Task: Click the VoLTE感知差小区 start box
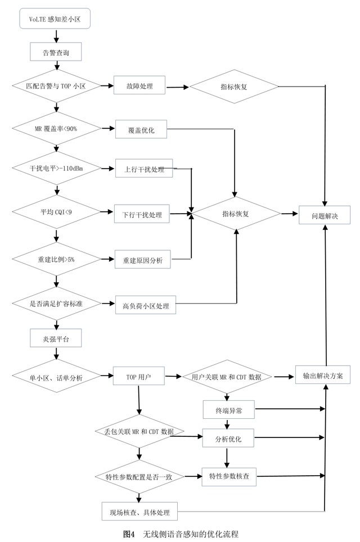(x=55, y=19)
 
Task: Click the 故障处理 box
(x=139, y=87)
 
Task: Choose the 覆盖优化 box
(x=141, y=130)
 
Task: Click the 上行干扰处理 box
(x=143, y=169)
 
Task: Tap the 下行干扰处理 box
(x=142, y=214)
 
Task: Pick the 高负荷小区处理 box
(x=145, y=305)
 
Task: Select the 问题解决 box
(x=325, y=214)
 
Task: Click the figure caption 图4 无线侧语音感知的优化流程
(x=181, y=533)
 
